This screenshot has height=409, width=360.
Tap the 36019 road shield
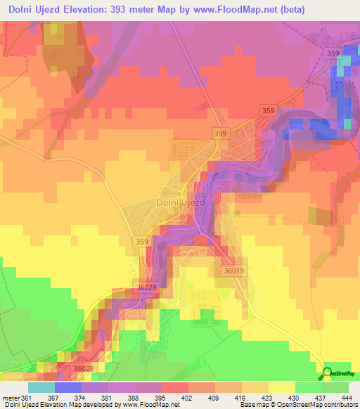click(233, 271)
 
